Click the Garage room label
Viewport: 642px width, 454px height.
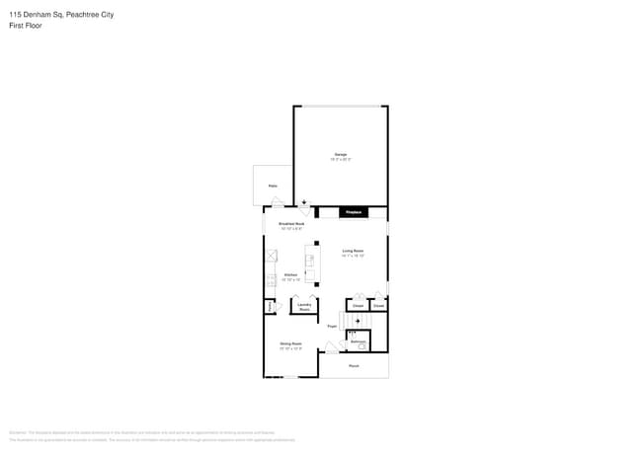click(x=340, y=154)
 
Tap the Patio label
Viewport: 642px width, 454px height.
click(x=272, y=185)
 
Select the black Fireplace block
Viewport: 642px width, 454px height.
click(x=353, y=212)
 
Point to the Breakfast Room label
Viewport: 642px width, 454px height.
click(x=291, y=224)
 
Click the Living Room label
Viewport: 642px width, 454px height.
click(x=354, y=251)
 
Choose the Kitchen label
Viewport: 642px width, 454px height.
click(x=291, y=274)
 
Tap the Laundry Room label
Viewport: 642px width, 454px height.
click(x=304, y=306)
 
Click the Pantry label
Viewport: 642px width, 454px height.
click(x=269, y=307)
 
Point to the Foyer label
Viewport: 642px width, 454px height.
click(x=333, y=326)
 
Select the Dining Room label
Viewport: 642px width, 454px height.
click(x=290, y=343)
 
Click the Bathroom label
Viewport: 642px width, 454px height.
click(x=358, y=341)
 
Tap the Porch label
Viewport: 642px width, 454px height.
click(x=354, y=366)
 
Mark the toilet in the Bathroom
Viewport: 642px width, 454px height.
click(x=362, y=346)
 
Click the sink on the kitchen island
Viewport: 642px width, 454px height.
click(x=309, y=261)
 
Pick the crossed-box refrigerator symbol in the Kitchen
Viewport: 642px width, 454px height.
click(x=271, y=256)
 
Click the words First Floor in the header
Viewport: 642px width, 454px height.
click(x=22, y=22)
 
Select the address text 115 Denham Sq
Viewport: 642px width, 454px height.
click(x=33, y=10)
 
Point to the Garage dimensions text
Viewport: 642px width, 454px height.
click(x=340, y=159)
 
